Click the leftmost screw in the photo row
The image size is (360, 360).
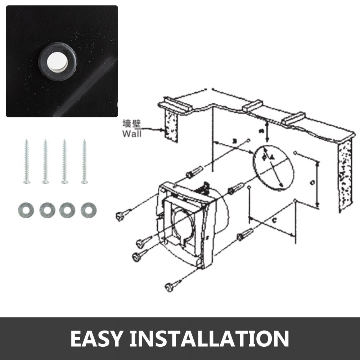pos(26,161)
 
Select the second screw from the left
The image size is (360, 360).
pos(45,161)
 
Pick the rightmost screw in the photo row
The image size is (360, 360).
pos(84,161)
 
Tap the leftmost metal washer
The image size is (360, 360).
pos(26,210)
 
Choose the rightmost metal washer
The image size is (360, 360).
pos(89,210)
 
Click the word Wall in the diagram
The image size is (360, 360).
pos(132,134)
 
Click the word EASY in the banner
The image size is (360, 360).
pos(96,338)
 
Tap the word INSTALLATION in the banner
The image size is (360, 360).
pos(210,338)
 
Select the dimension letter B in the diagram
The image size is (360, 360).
pos(234,141)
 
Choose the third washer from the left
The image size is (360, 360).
pos(67,210)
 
